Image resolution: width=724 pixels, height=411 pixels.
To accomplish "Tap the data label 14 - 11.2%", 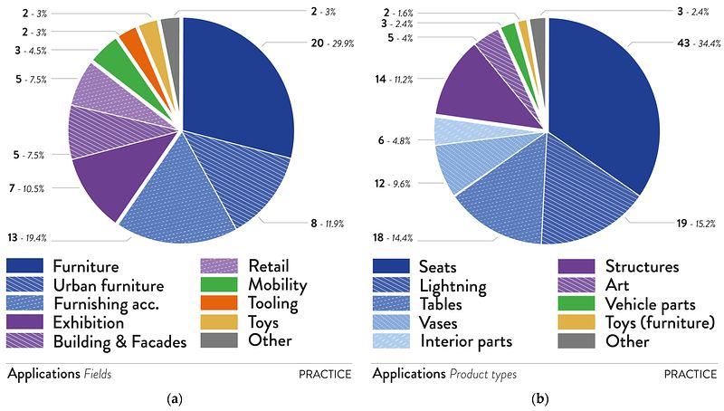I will click(395, 80).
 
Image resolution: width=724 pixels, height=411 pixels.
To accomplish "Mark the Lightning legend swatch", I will click(391, 285).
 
